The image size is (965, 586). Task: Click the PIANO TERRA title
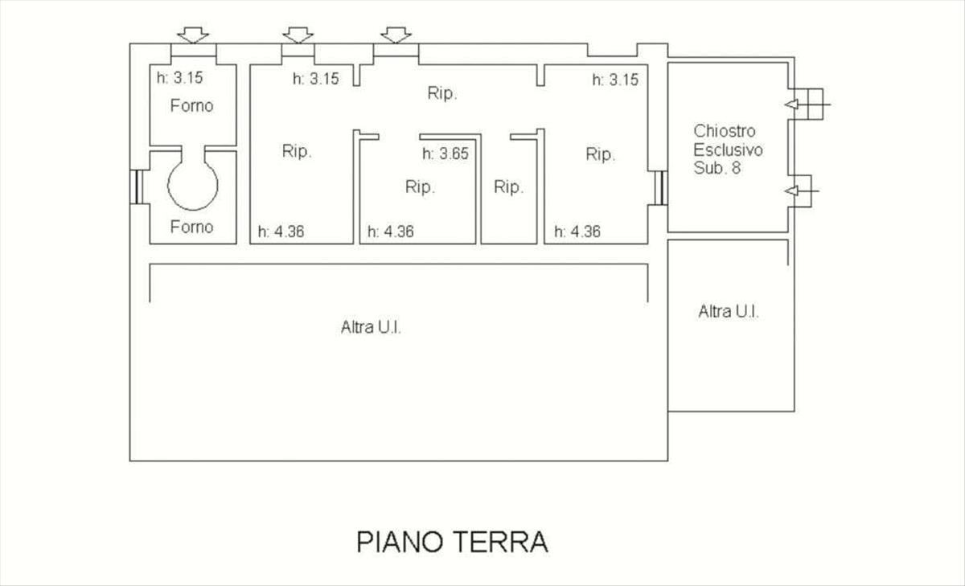(x=452, y=542)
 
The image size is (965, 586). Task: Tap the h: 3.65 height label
(x=445, y=154)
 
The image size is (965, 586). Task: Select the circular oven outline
(x=192, y=185)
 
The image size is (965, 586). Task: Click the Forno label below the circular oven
(x=191, y=227)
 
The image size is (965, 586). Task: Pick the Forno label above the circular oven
(x=191, y=105)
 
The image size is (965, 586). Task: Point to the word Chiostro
(x=725, y=131)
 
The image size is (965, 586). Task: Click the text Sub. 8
(x=717, y=168)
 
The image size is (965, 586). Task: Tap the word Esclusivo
(x=728, y=150)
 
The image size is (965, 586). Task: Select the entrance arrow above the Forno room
(x=193, y=35)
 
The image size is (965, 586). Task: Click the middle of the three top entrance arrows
(x=298, y=35)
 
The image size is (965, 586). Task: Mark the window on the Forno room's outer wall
(x=137, y=186)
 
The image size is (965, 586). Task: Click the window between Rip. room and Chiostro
(x=661, y=188)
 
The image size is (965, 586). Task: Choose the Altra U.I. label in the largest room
(x=371, y=327)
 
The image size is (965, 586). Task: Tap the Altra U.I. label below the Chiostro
(x=729, y=311)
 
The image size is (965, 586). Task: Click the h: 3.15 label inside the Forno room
(x=179, y=78)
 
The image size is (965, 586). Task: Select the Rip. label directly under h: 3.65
(x=420, y=186)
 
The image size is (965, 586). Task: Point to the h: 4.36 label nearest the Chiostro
(x=577, y=232)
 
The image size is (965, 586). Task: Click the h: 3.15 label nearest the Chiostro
(x=615, y=80)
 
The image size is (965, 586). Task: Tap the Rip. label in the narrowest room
(x=509, y=186)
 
